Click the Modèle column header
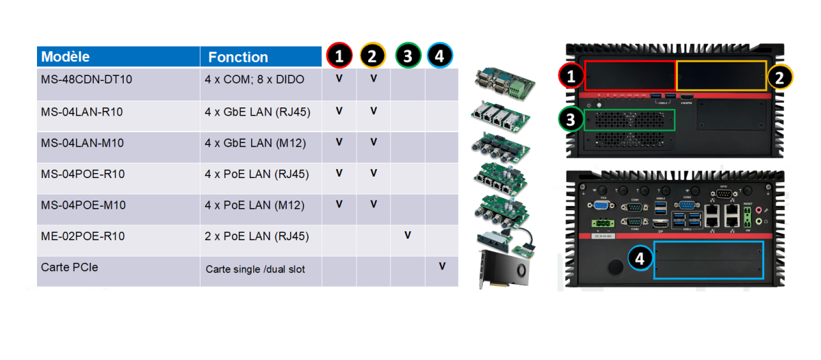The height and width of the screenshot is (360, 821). tap(66, 57)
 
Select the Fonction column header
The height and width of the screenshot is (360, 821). tap(238, 57)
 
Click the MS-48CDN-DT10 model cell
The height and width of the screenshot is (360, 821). tap(87, 79)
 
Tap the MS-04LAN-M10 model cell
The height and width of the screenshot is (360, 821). tap(83, 142)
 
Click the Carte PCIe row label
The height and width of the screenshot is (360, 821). tap(70, 267)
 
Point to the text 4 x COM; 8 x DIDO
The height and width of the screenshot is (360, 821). tap(255, 79)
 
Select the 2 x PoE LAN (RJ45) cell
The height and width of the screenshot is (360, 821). tap(257, 236)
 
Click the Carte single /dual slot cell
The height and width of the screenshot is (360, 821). tap(255, 269)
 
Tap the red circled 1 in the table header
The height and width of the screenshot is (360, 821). tap(339, 56)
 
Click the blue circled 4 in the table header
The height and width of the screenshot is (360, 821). tap(440, 56)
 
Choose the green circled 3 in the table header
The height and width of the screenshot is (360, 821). tap(408, 56)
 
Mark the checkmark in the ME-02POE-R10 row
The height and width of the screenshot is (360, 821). tap(408, 235)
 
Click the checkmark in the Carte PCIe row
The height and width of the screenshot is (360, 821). tap(442, 266)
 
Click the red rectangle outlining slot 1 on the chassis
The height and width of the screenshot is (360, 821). tap(629, 75)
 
